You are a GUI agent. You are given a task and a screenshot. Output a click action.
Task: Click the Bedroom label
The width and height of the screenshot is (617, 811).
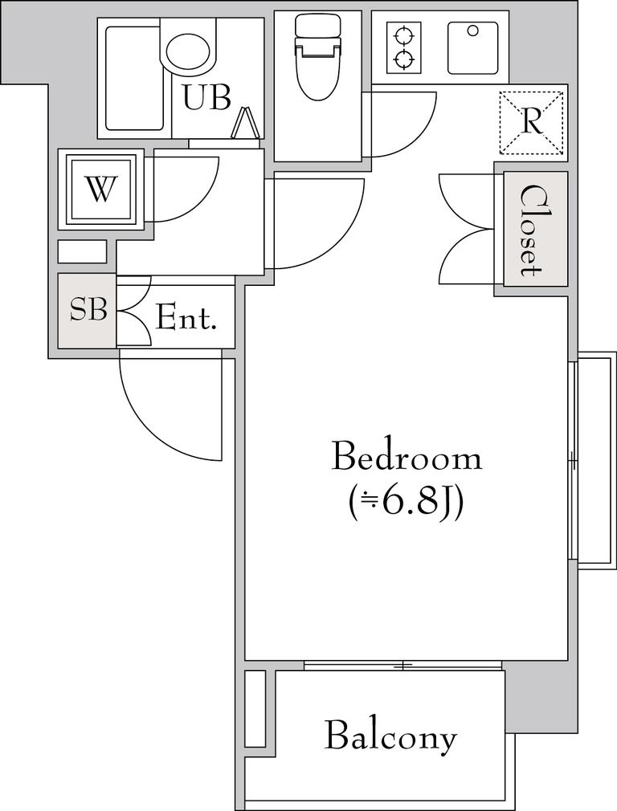click(x=407, y=455)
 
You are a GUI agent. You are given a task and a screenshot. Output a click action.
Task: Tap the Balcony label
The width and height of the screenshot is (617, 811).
click(x=390, y=738)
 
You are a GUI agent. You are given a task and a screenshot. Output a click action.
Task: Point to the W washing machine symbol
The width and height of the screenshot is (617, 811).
click(x=100, y=189)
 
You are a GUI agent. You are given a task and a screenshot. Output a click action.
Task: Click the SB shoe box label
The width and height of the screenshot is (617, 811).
click(x=88, y=310)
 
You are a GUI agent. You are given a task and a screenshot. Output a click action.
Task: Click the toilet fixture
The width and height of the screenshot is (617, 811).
click(x=317, y=57)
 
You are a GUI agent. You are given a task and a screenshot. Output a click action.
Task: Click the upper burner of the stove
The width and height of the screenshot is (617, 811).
click(x=404, y=37)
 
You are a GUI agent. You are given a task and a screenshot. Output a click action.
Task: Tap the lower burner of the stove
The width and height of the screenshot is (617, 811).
click(x=404, y=60)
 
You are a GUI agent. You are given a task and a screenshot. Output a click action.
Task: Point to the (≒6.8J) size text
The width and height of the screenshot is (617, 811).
click(x=404, y=503)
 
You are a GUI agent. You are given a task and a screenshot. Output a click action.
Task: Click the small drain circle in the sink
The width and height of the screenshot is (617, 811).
click(x=472, y=31)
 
